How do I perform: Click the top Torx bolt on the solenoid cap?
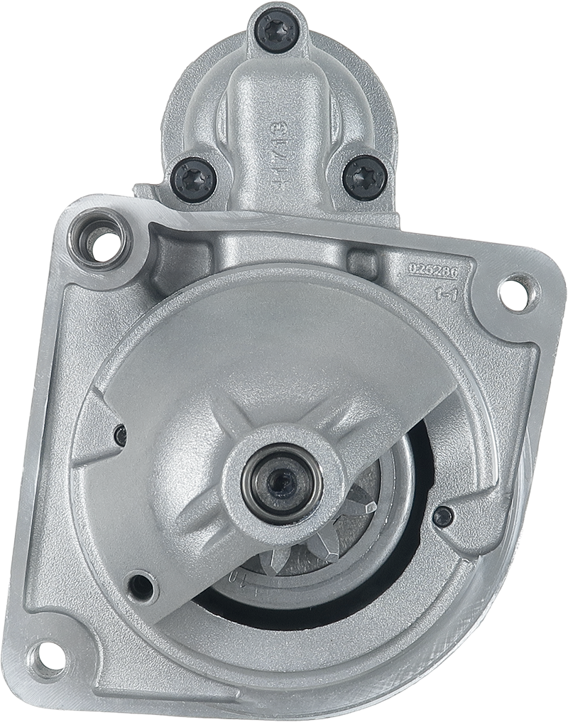277,31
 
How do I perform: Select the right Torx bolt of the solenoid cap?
364,176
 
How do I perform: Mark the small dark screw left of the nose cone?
121,435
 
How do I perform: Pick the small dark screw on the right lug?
443,516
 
